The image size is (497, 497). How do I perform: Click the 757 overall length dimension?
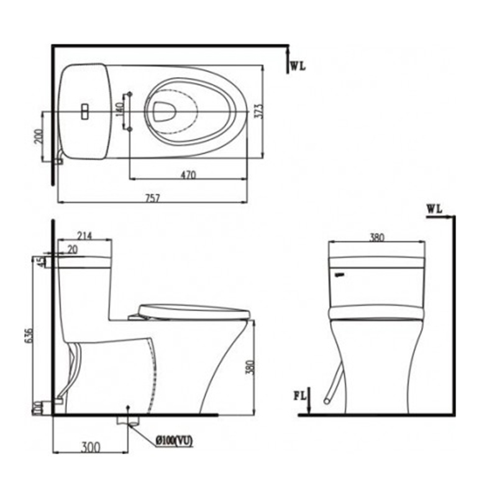pyautogui.click(x=152, y=198)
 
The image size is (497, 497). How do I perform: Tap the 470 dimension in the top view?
pyautogui.click(x=188, y=175)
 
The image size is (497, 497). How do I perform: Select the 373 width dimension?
pyautogui.click(x=259, y=111)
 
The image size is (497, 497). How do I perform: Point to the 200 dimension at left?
pyautogui.click(x=39, y=136)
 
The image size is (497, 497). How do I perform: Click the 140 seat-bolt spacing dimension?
pyautogui.click(x=120, y=109)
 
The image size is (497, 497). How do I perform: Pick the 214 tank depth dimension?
pyautogui.click(x=84, y=235)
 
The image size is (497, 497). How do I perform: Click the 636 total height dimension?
pyautogui.click(x=28, y=335)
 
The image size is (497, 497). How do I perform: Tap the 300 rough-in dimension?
pyautogui.click(x=91, y=447)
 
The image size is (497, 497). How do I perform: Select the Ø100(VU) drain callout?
pyautogui.click(x=174, y=441)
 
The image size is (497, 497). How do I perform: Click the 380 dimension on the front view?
pyautogui.click(x=377, y=237)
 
